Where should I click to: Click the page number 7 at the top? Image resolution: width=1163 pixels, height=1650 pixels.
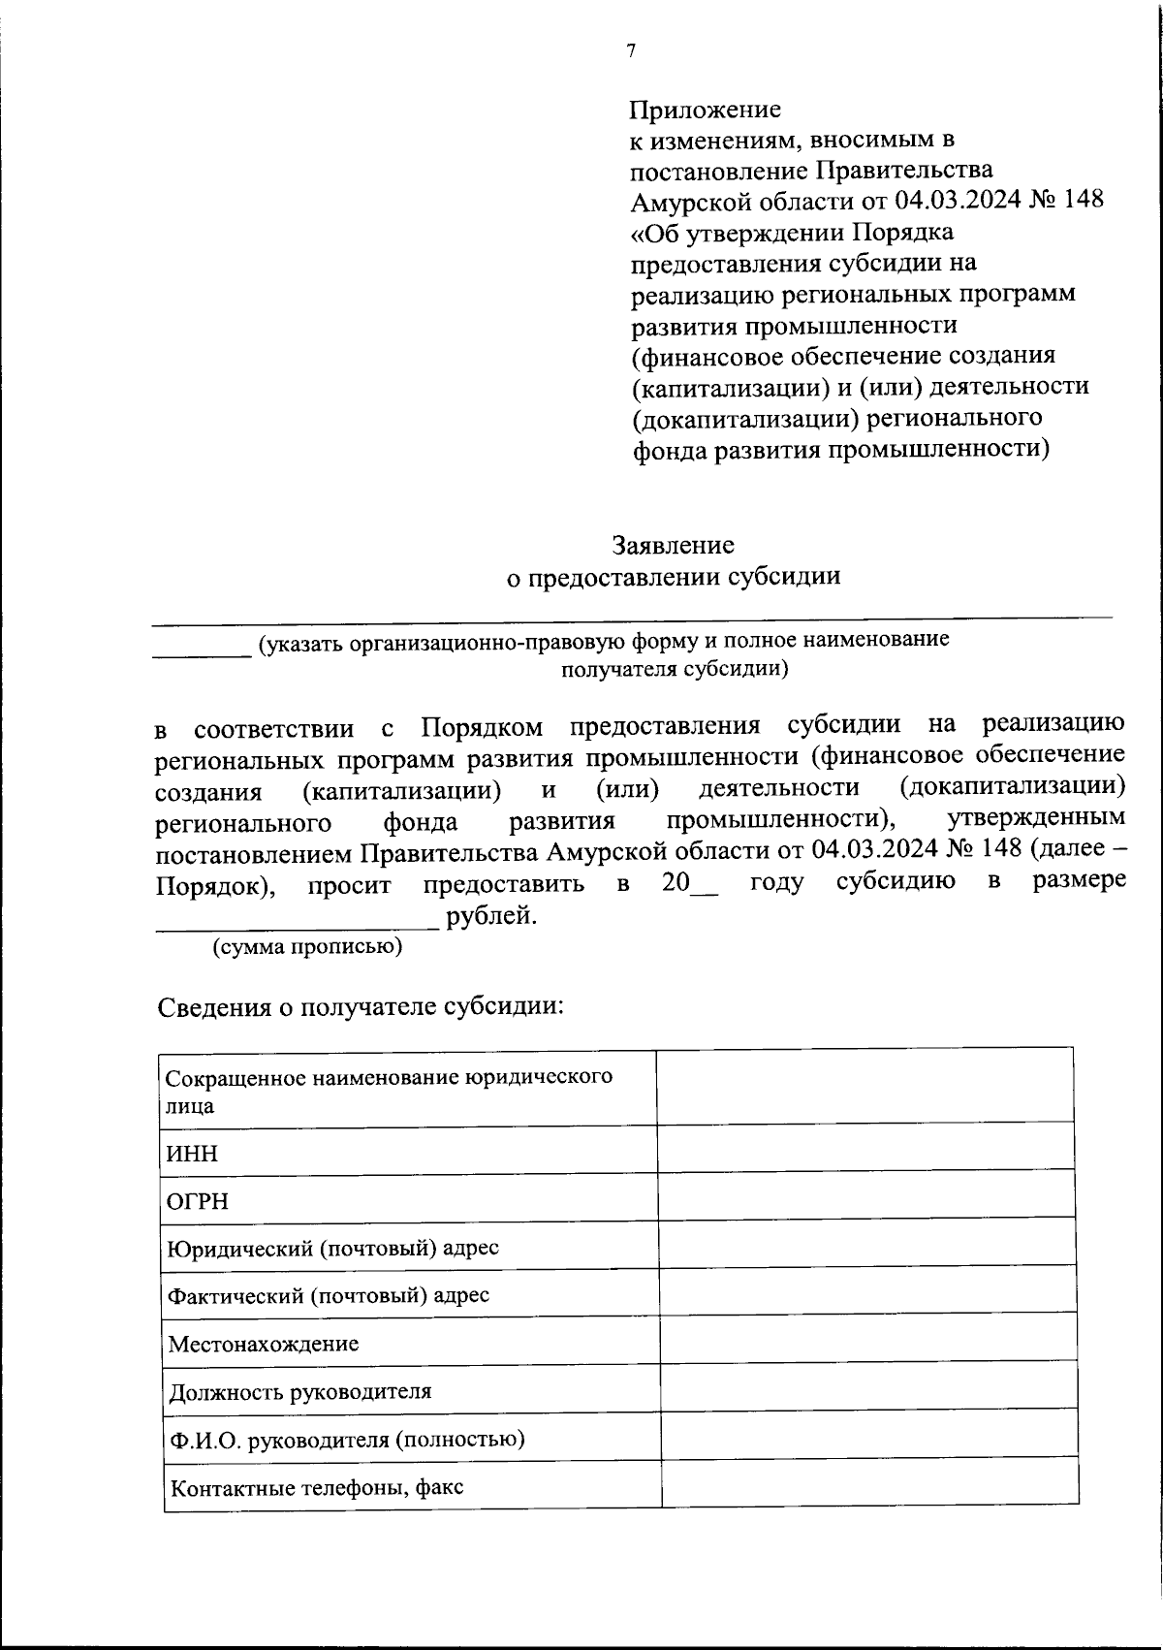click(631, 51)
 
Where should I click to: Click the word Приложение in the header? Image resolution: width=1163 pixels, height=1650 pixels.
click(705, 109)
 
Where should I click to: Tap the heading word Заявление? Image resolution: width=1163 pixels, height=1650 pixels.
click(673, 545)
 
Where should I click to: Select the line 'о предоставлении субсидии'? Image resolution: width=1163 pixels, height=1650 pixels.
click(674, 577)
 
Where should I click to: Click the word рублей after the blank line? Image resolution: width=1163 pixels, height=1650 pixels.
click(491, 914)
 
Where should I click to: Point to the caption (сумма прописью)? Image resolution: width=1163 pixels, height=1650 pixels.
click(307, 947)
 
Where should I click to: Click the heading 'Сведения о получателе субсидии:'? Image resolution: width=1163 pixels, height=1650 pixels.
click(361, 1006)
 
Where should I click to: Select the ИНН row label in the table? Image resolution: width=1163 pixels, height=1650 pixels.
click(193, 1154)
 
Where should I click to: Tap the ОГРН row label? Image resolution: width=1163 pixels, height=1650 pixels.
click(199, 1201)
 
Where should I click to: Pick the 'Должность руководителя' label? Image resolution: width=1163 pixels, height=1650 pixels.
click(299, 1392)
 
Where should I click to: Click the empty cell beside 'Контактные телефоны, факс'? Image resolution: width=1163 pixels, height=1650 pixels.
click(869, 1482)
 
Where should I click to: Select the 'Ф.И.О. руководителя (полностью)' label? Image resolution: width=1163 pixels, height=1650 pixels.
click(346, 1439)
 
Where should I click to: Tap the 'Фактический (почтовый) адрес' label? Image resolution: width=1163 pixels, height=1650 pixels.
click(329, 1295)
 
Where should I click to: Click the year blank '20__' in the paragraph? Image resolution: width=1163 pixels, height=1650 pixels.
click(690, 883)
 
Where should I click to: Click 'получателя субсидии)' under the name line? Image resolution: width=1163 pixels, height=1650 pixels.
click(675, 669)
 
